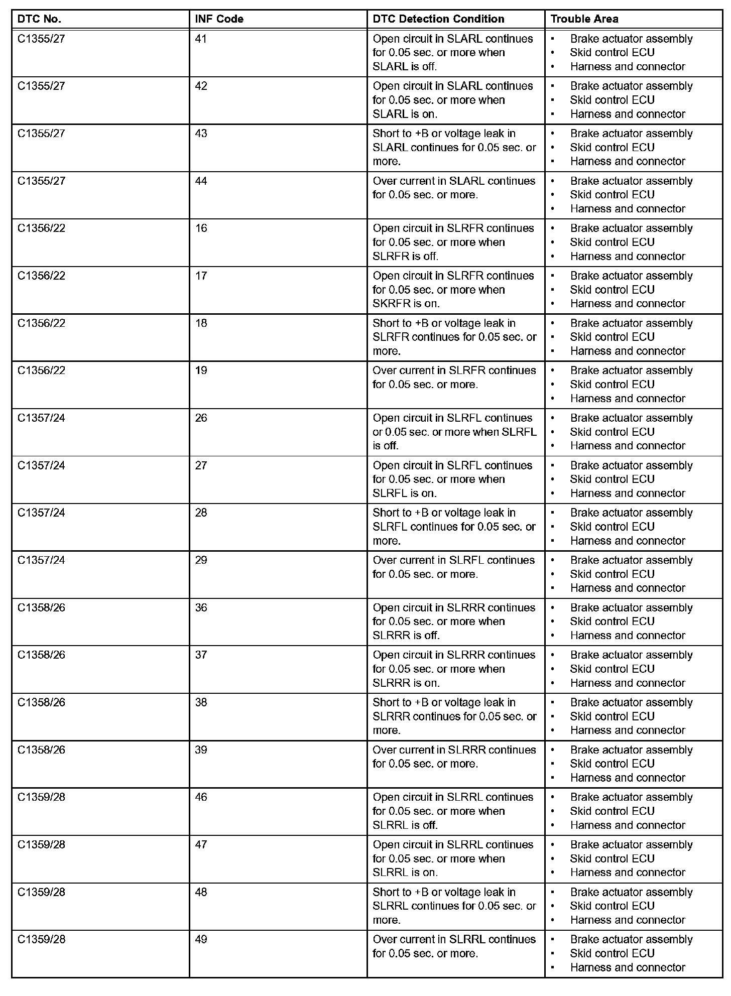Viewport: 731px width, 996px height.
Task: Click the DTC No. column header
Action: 39,19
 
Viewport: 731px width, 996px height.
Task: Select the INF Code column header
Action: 219,19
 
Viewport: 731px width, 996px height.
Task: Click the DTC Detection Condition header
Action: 438,19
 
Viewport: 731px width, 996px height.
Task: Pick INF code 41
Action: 201,39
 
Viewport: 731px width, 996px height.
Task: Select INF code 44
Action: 201,181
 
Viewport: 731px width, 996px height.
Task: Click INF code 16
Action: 201,228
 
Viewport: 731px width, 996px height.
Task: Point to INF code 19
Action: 201,370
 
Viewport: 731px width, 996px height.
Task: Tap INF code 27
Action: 201,465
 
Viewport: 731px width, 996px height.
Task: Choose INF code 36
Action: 201,607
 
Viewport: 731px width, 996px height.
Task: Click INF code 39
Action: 201,750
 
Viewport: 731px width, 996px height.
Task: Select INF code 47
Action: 201,844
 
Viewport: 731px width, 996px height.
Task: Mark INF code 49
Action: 201,939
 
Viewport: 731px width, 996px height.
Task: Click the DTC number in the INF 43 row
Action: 41,134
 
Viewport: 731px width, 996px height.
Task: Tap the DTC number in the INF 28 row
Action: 41,513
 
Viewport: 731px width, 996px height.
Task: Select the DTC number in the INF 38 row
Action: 41,702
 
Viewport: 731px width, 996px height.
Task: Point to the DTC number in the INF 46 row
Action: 41,797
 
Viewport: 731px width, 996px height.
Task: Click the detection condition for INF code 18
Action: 454,337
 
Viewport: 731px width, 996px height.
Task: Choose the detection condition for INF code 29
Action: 453,567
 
